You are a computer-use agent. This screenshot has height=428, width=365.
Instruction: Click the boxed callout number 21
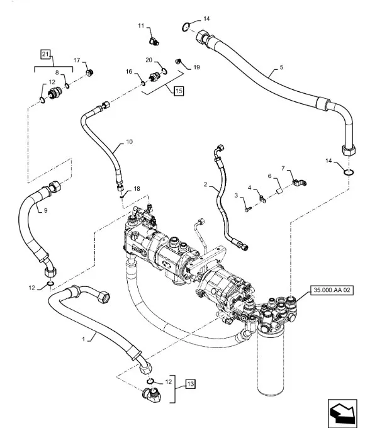click(45, 54)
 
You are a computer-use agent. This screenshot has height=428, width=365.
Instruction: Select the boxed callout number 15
click(179, 91)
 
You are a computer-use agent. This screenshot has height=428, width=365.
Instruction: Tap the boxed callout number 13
click(191, 384)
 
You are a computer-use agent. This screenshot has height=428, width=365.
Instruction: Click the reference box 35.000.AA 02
click(332, 290)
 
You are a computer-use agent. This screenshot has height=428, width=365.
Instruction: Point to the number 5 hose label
click(281, 67)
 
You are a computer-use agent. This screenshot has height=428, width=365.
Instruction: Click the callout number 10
click(129, 142)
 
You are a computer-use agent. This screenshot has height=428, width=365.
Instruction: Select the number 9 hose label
click(45, 210)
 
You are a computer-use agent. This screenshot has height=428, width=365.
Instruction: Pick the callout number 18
click(137, 189)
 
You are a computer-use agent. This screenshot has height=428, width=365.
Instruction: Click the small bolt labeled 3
click(247, 210)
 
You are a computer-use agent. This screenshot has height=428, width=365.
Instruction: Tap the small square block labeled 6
click(279, 190)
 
